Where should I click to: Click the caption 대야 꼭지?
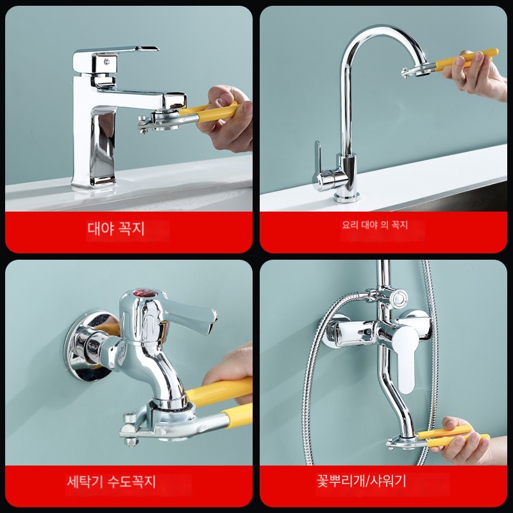[x=116, y=228]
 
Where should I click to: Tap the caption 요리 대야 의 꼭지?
[x=374, y=225]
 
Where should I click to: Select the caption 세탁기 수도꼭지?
[x=111, y=482]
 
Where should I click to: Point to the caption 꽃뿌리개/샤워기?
[x=361, y=481]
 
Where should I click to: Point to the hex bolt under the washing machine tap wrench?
[x=131, y=442]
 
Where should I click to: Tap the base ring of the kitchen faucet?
[x=347, y=198]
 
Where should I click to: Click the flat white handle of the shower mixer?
[x=406, y=357]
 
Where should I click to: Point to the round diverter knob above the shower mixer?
[x=398, y=298]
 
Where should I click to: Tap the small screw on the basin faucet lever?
[x=106, y=61]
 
